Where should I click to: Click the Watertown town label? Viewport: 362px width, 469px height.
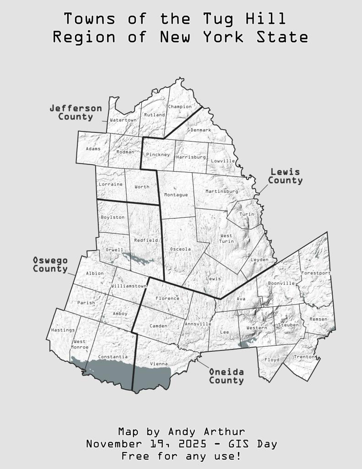(124, 120)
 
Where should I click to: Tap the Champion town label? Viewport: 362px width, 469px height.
(180, 107)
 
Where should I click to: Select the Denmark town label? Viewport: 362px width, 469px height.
(201, 130)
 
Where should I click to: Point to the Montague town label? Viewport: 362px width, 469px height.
(176, 195)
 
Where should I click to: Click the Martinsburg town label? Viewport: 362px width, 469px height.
(222, 191)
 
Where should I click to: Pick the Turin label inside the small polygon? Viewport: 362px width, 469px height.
(247, 214)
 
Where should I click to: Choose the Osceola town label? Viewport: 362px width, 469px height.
(180, 249)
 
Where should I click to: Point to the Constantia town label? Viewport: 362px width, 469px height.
(113, 356)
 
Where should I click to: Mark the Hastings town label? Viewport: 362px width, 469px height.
(63, 330)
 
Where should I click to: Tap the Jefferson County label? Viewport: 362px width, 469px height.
(76, 112)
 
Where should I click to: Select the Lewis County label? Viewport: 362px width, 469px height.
(285, 176)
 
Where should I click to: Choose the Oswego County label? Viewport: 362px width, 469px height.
(50, 264)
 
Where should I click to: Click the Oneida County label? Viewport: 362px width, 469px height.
(227, 376)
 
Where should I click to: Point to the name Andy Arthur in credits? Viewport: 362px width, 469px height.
(206, 431)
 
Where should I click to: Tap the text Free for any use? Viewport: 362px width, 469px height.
(181, 456)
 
